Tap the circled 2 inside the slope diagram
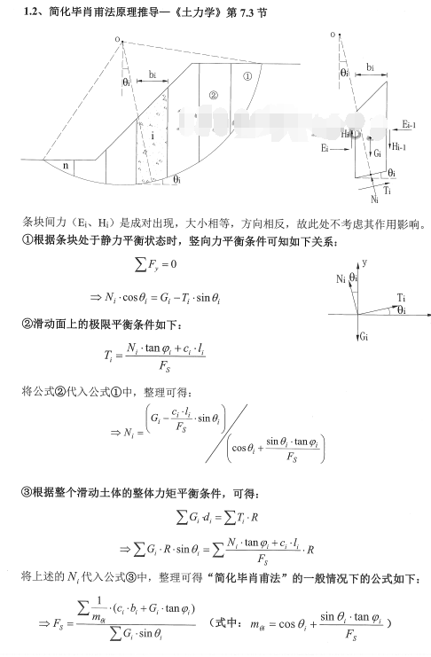point(212,95)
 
